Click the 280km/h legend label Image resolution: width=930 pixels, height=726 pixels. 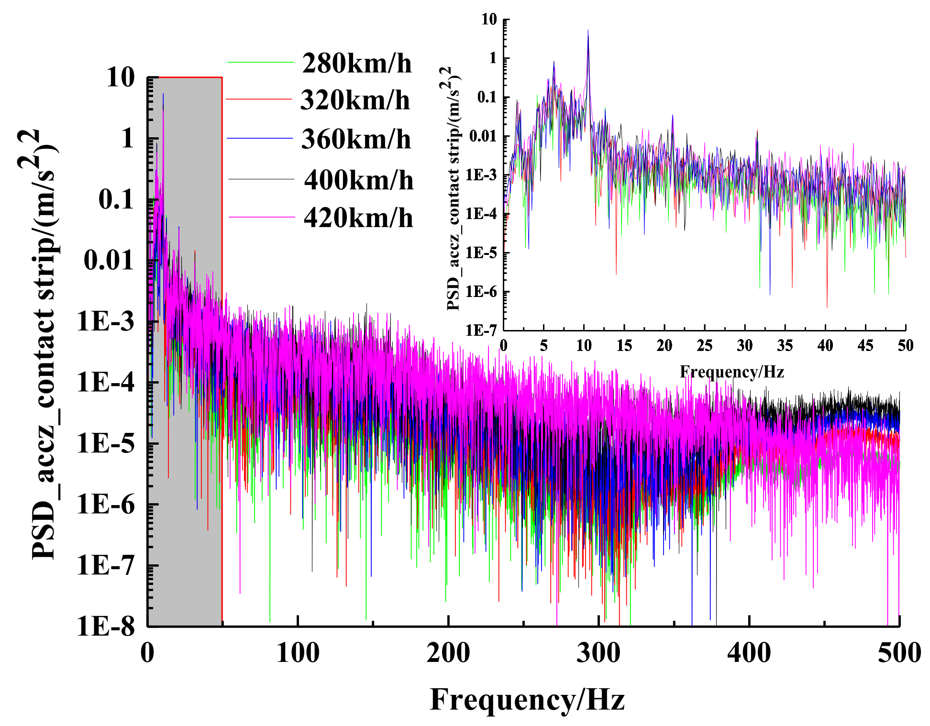tap(356, 64)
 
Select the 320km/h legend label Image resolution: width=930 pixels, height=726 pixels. tap(354, 100)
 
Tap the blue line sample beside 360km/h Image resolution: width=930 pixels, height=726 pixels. tap(259, 139)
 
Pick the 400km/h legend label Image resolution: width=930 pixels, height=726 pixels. tap(358, 180)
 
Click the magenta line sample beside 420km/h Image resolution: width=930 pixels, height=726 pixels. tap(261, 218)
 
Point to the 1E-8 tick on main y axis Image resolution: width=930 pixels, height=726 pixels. tap(106, 626)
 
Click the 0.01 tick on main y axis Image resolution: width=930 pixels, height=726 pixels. tap(109, 261)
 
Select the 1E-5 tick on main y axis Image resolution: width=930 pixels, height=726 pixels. tap(106, 443)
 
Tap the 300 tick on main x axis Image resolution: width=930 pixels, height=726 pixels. tap(598, 653)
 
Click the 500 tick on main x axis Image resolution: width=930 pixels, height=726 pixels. tap(899, 653)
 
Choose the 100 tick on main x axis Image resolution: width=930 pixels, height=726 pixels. tap(298, 653)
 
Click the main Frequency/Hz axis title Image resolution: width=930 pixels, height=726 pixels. tap(527, 699)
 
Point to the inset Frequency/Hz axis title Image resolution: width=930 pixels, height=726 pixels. tap(731, 372)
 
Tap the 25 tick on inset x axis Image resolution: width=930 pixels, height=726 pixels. tap(704, 345)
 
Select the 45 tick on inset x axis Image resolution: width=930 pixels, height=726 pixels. tap(865, 345)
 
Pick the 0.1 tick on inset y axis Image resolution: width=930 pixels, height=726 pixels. tap(487, 98)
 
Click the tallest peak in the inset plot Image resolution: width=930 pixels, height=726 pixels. tap(588, 32)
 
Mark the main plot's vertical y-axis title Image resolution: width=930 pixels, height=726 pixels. tap(44, 344)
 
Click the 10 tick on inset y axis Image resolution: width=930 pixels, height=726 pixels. tap(489, 20)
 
